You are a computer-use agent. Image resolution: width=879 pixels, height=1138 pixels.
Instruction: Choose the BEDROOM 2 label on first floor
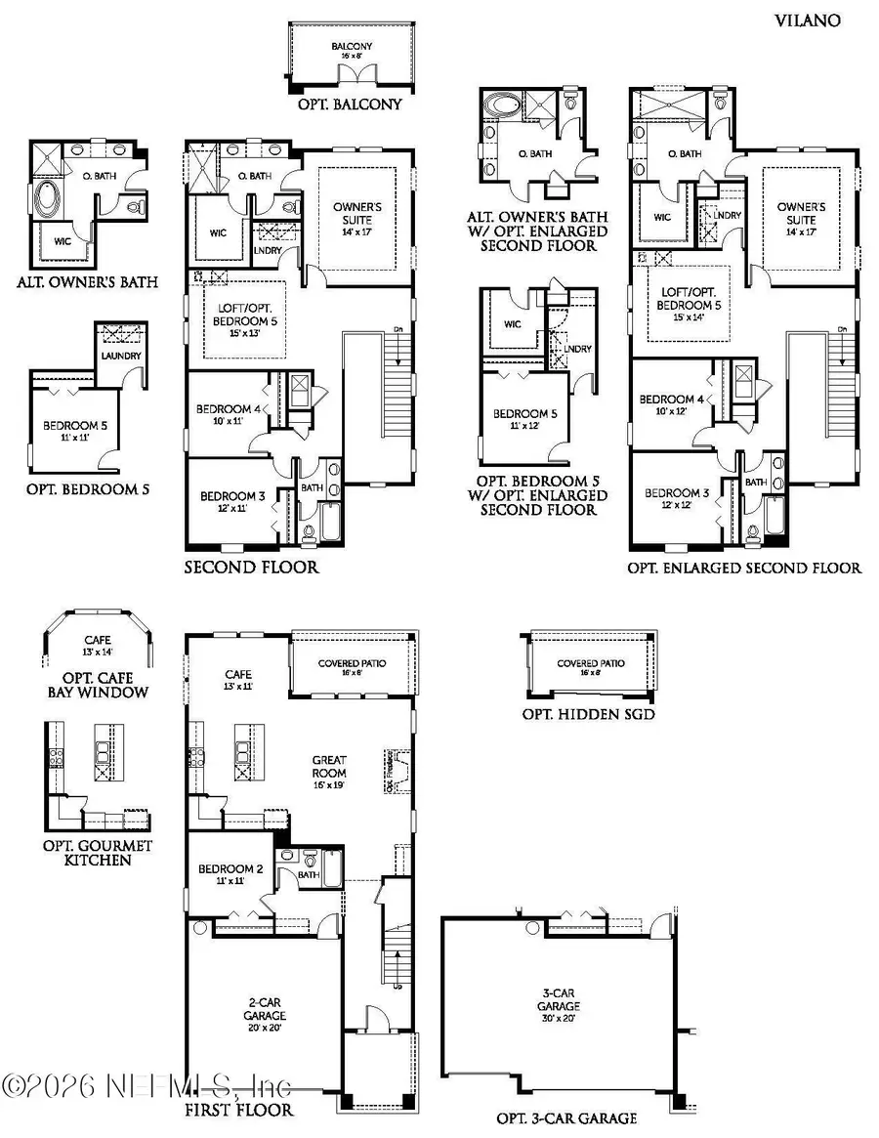click(227, 869)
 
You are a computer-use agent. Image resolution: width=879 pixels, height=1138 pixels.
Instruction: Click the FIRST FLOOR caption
click(238, 1110)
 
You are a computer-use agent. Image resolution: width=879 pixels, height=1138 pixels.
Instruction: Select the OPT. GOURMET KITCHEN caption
click(97, 852)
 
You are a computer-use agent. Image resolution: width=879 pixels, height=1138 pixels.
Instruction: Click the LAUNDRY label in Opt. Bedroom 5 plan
click(120, 356)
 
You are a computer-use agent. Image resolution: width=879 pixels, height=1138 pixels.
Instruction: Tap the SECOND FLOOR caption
click(251, 567)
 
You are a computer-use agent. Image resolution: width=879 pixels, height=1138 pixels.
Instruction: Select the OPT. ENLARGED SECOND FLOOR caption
click(744, 568)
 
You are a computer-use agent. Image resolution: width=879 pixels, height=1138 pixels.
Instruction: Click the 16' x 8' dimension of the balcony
click(351, 57)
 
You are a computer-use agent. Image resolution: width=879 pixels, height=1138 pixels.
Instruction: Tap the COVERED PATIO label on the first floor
click(349, 663)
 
